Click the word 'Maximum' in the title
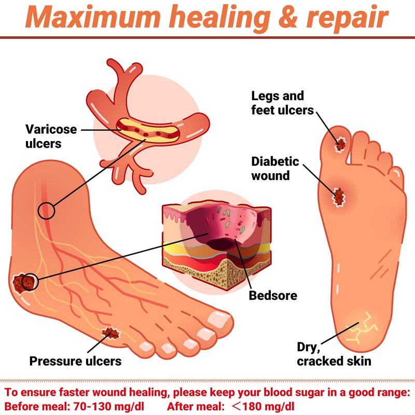93,17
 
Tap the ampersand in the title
288,17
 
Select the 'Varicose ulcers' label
51,136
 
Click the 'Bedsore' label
273,295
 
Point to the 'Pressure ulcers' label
75,361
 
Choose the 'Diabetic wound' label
275,168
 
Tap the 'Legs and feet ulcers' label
282,103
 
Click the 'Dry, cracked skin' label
334,354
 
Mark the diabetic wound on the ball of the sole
339,197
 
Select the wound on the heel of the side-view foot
23,282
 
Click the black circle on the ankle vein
46,211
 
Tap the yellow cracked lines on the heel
362,328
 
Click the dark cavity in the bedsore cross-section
222,243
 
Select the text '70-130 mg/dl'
108,406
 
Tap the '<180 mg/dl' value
262,406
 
